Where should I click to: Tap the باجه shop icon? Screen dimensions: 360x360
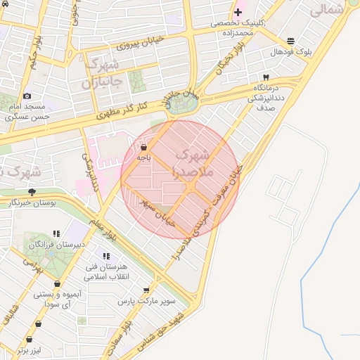144,148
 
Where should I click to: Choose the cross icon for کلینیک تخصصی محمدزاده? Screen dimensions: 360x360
238,13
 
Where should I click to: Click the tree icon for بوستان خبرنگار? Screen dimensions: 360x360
31,191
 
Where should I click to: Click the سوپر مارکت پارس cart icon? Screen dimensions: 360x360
146,290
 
